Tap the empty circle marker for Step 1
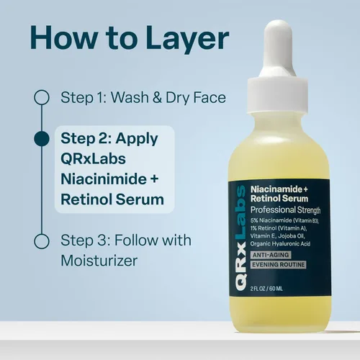pos(42,97)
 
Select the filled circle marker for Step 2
pos(42,138)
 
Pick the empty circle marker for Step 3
pos(42,240)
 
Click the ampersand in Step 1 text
pos(157,97)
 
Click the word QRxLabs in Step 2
pos(93,158)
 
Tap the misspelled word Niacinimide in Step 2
pos(104,179)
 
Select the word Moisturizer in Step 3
pos(99,261)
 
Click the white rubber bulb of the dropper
pos(278,49)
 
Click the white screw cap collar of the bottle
pos(278,95)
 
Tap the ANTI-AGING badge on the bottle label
pos(271,255)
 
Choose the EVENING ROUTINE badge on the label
pos(278,265)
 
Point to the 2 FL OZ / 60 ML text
pos(266,288)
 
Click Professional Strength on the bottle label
pos(285,210)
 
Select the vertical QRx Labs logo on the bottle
pos(240,238)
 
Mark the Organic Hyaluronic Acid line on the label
pos(280,244)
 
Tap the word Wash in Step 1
pos(130,97)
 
